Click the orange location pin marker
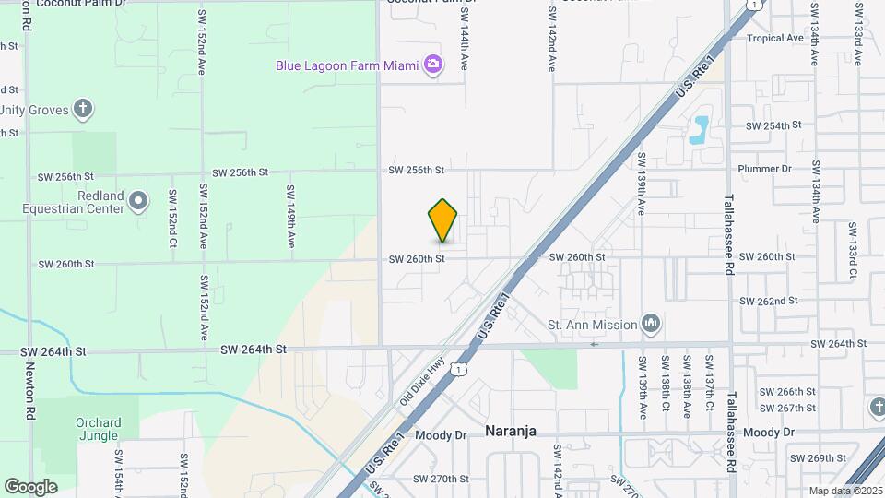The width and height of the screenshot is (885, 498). (x=443, y=220)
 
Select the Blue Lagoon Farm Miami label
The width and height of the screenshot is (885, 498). (x=348, y=65)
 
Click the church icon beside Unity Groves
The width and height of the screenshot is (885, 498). (x=83, y=110)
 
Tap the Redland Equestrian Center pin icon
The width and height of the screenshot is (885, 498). (x=138, y=200)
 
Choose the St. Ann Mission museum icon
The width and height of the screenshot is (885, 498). (x=651, y=324)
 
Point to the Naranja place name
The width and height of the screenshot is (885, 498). (x=511, y=432)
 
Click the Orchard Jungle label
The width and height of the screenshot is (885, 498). (x=97, y=430)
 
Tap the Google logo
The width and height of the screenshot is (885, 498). (x=30, y=486)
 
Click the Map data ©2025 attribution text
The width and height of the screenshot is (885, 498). (x=845, y=491)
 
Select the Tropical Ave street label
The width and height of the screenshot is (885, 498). (x=775, y=38)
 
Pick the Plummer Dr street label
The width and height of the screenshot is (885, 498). (x=765, y=169)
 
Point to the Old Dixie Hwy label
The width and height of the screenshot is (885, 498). (x=422, y=383)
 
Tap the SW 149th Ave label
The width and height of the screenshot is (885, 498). (x=290, y=217)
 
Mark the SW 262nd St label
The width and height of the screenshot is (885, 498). (x=768, y=301)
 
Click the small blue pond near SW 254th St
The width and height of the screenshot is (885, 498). (x=700, y=130)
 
